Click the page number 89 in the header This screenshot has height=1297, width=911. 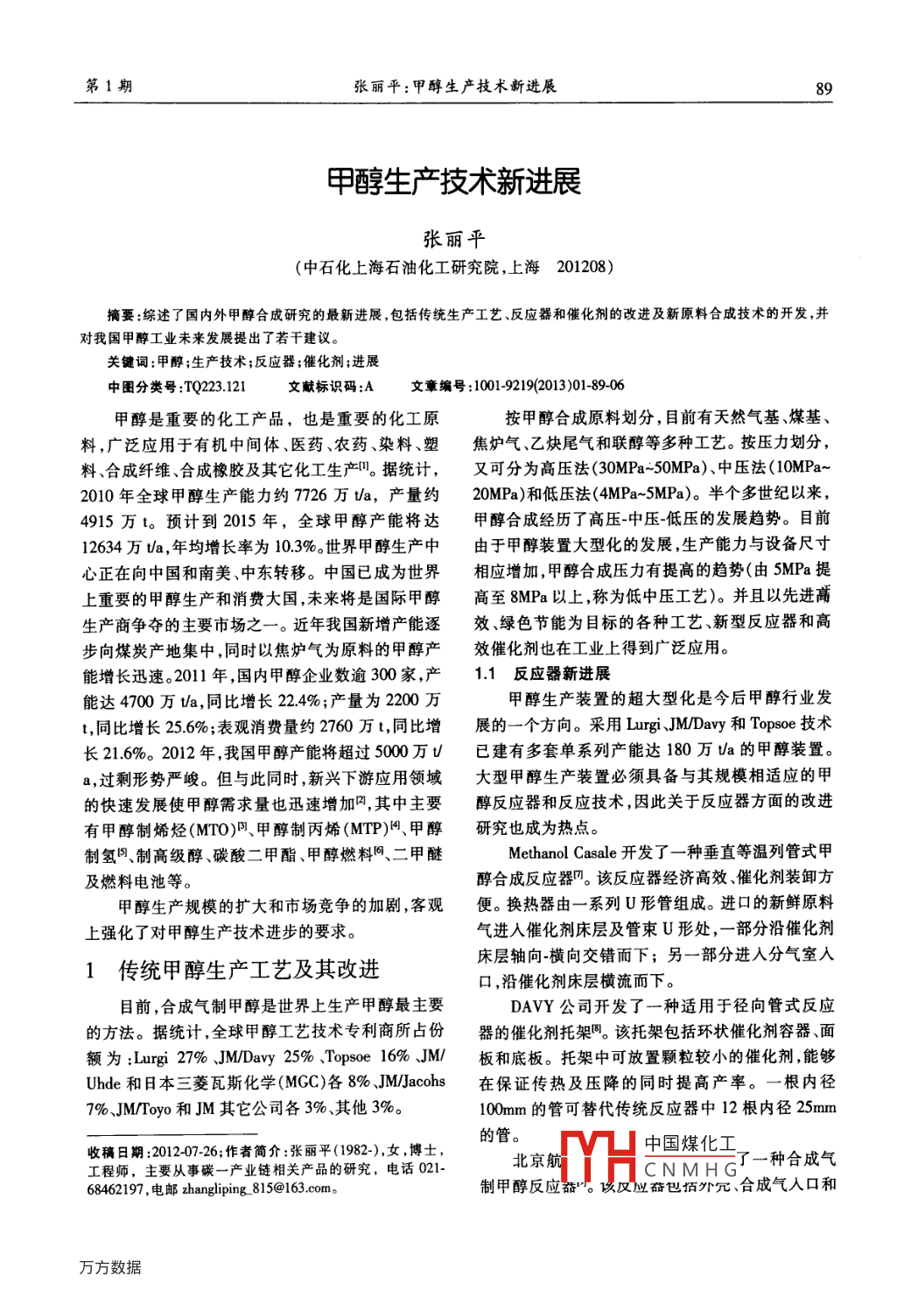pos(823,88)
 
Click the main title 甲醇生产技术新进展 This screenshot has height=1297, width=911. pos(454,181)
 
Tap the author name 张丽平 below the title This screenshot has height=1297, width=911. pos(454,238)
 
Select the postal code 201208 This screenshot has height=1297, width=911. pos(585,267)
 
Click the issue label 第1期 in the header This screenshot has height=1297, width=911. pos(109,86)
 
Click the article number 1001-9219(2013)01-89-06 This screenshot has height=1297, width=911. pos(549,386)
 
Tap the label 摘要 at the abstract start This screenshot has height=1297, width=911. pos(121,315)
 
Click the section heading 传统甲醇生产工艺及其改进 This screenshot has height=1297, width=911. pos(249,970)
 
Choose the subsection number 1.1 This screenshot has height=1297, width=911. pos(486,674)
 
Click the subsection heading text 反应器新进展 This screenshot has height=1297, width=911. pos(562,674)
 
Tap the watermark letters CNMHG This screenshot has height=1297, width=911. pos(691,1169)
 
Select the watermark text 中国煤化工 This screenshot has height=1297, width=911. pos(690,1144)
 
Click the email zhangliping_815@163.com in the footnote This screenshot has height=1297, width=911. pos(257,1188)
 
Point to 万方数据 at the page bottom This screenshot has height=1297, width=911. pos(110,1267)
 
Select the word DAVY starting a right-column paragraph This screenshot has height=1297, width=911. pos(533,1006)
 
